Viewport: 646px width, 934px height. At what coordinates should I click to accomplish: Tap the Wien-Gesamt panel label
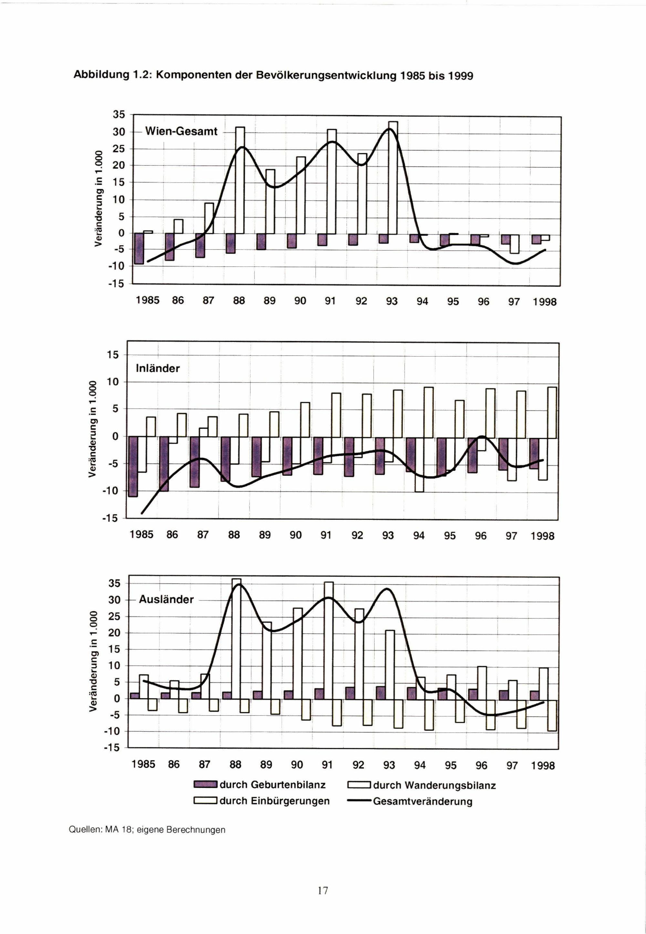click(181, 131)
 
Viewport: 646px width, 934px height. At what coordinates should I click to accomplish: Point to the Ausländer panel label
click(166, 599)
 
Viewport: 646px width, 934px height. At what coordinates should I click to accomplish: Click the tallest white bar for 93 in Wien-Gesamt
click(393, 178)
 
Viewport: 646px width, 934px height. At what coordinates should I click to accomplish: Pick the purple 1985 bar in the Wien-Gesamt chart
click(139, 248)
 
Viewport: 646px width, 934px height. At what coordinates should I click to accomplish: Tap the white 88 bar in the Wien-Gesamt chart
click(240, 180)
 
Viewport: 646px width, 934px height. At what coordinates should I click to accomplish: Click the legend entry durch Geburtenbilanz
click(272, 785)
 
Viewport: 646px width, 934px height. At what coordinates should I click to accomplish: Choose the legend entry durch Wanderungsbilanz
click(434, 785)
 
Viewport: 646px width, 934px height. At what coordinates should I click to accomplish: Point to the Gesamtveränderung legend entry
click(422, 802)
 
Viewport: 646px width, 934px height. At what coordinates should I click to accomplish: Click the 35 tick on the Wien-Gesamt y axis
click(119, 115)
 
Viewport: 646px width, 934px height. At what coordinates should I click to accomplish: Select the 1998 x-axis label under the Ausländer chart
click(543, 766)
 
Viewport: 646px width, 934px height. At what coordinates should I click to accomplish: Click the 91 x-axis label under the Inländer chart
click(326, 535)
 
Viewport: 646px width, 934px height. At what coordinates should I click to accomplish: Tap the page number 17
click(323, 890)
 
